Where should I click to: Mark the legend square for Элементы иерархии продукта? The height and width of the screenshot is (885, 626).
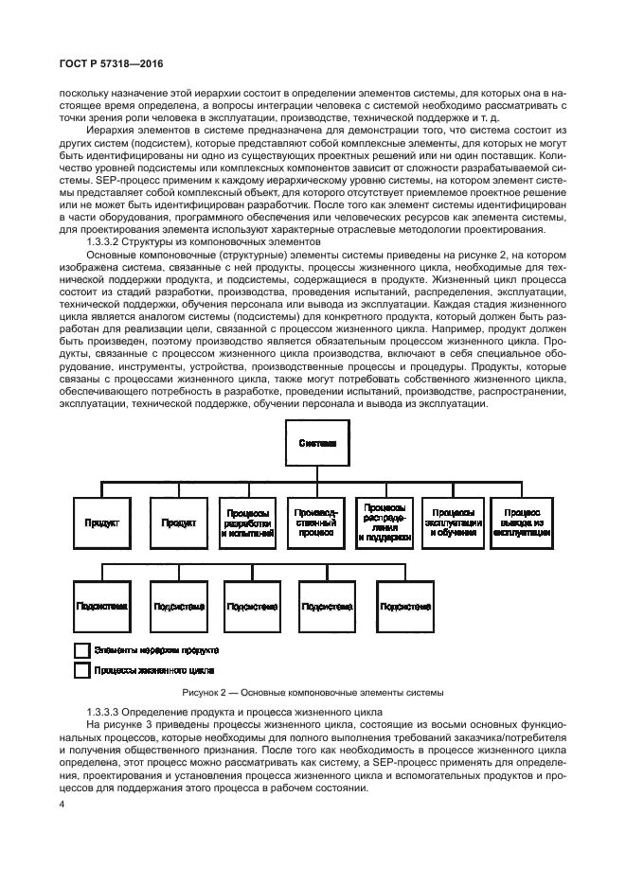click(81, 651)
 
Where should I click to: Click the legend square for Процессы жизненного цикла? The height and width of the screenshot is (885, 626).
click(81, 670)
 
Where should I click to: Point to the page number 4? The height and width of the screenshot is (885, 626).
click(62, 805)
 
